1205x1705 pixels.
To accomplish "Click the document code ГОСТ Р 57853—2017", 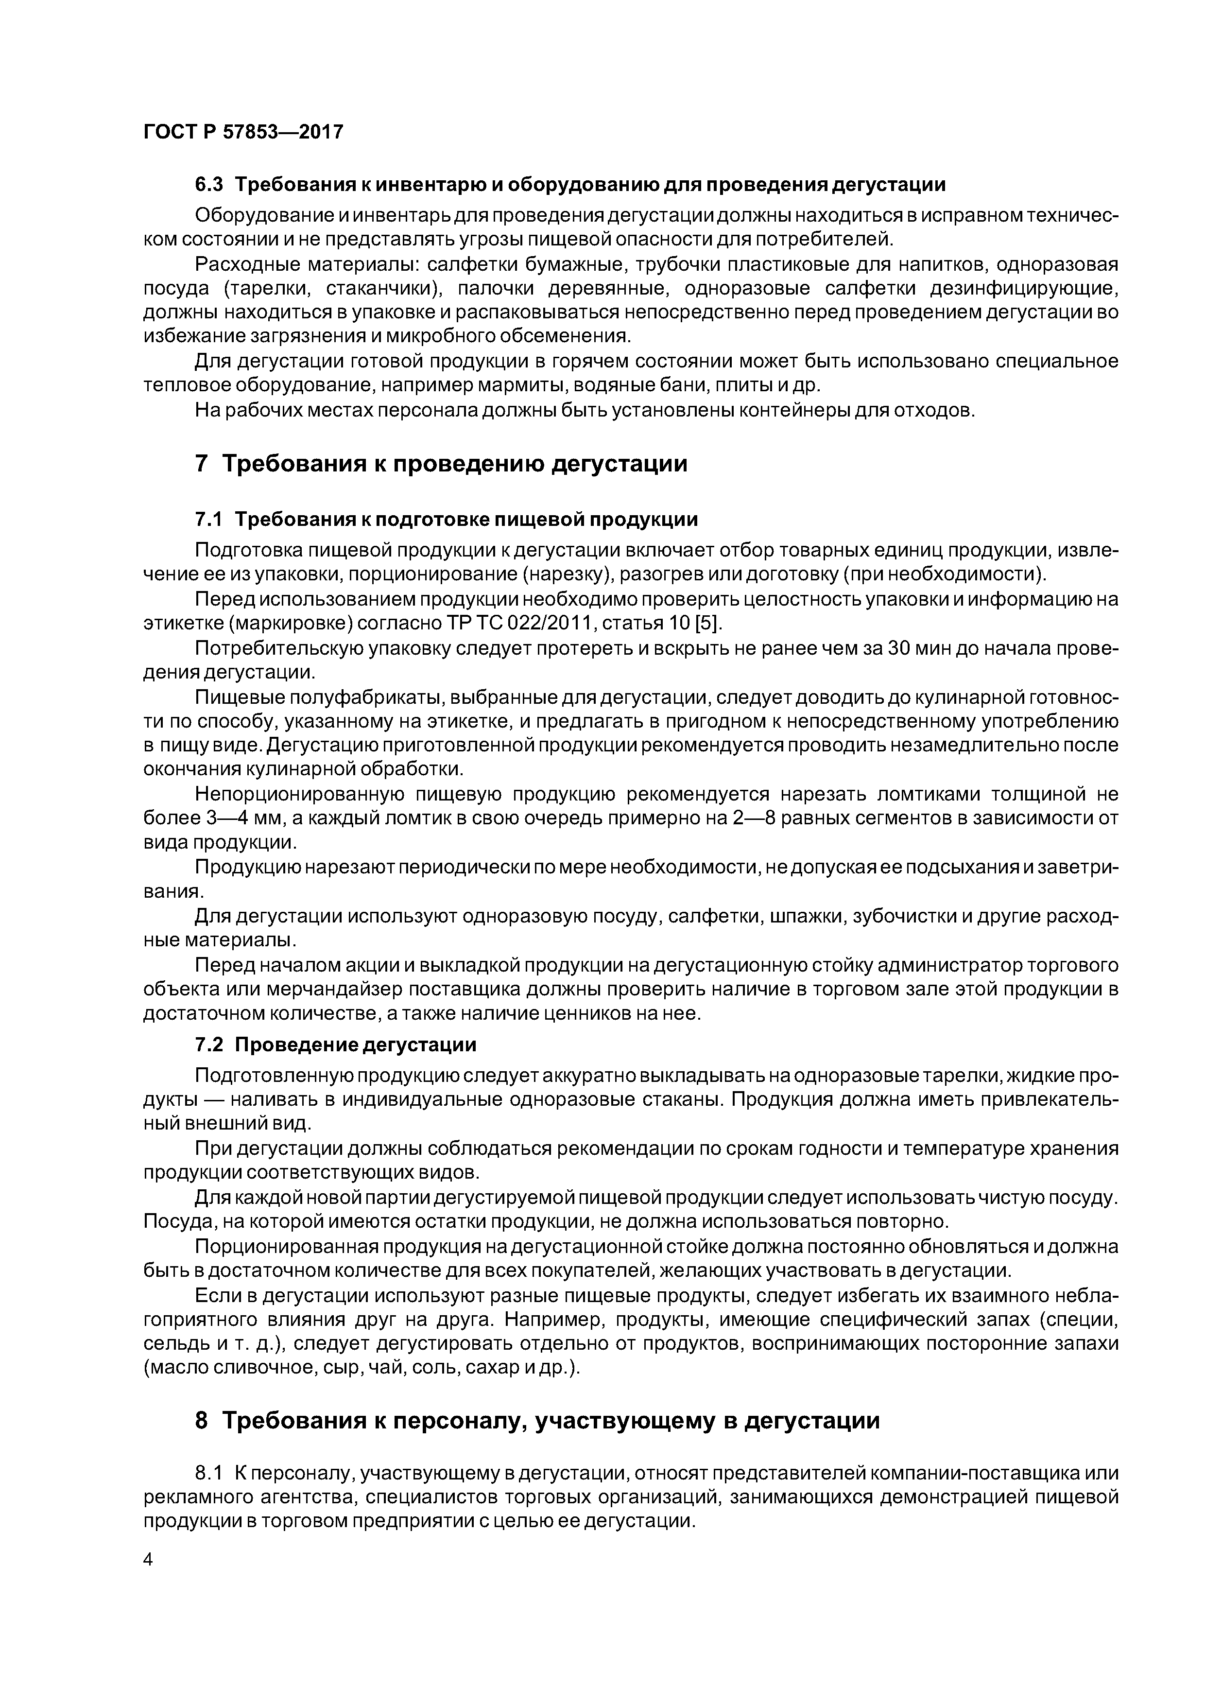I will pyautogui.click(x=243, y=132).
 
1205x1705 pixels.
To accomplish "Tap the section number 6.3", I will pyautogui.click(x=209, y=185).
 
